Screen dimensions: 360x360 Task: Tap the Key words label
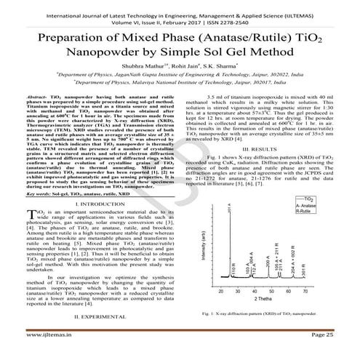pos(33,195)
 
